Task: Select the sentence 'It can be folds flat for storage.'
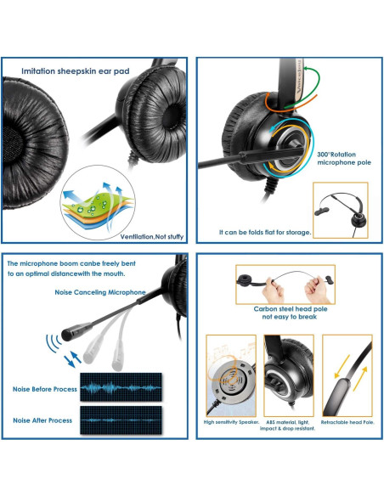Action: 265,231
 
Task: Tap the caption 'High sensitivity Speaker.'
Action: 230,422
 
